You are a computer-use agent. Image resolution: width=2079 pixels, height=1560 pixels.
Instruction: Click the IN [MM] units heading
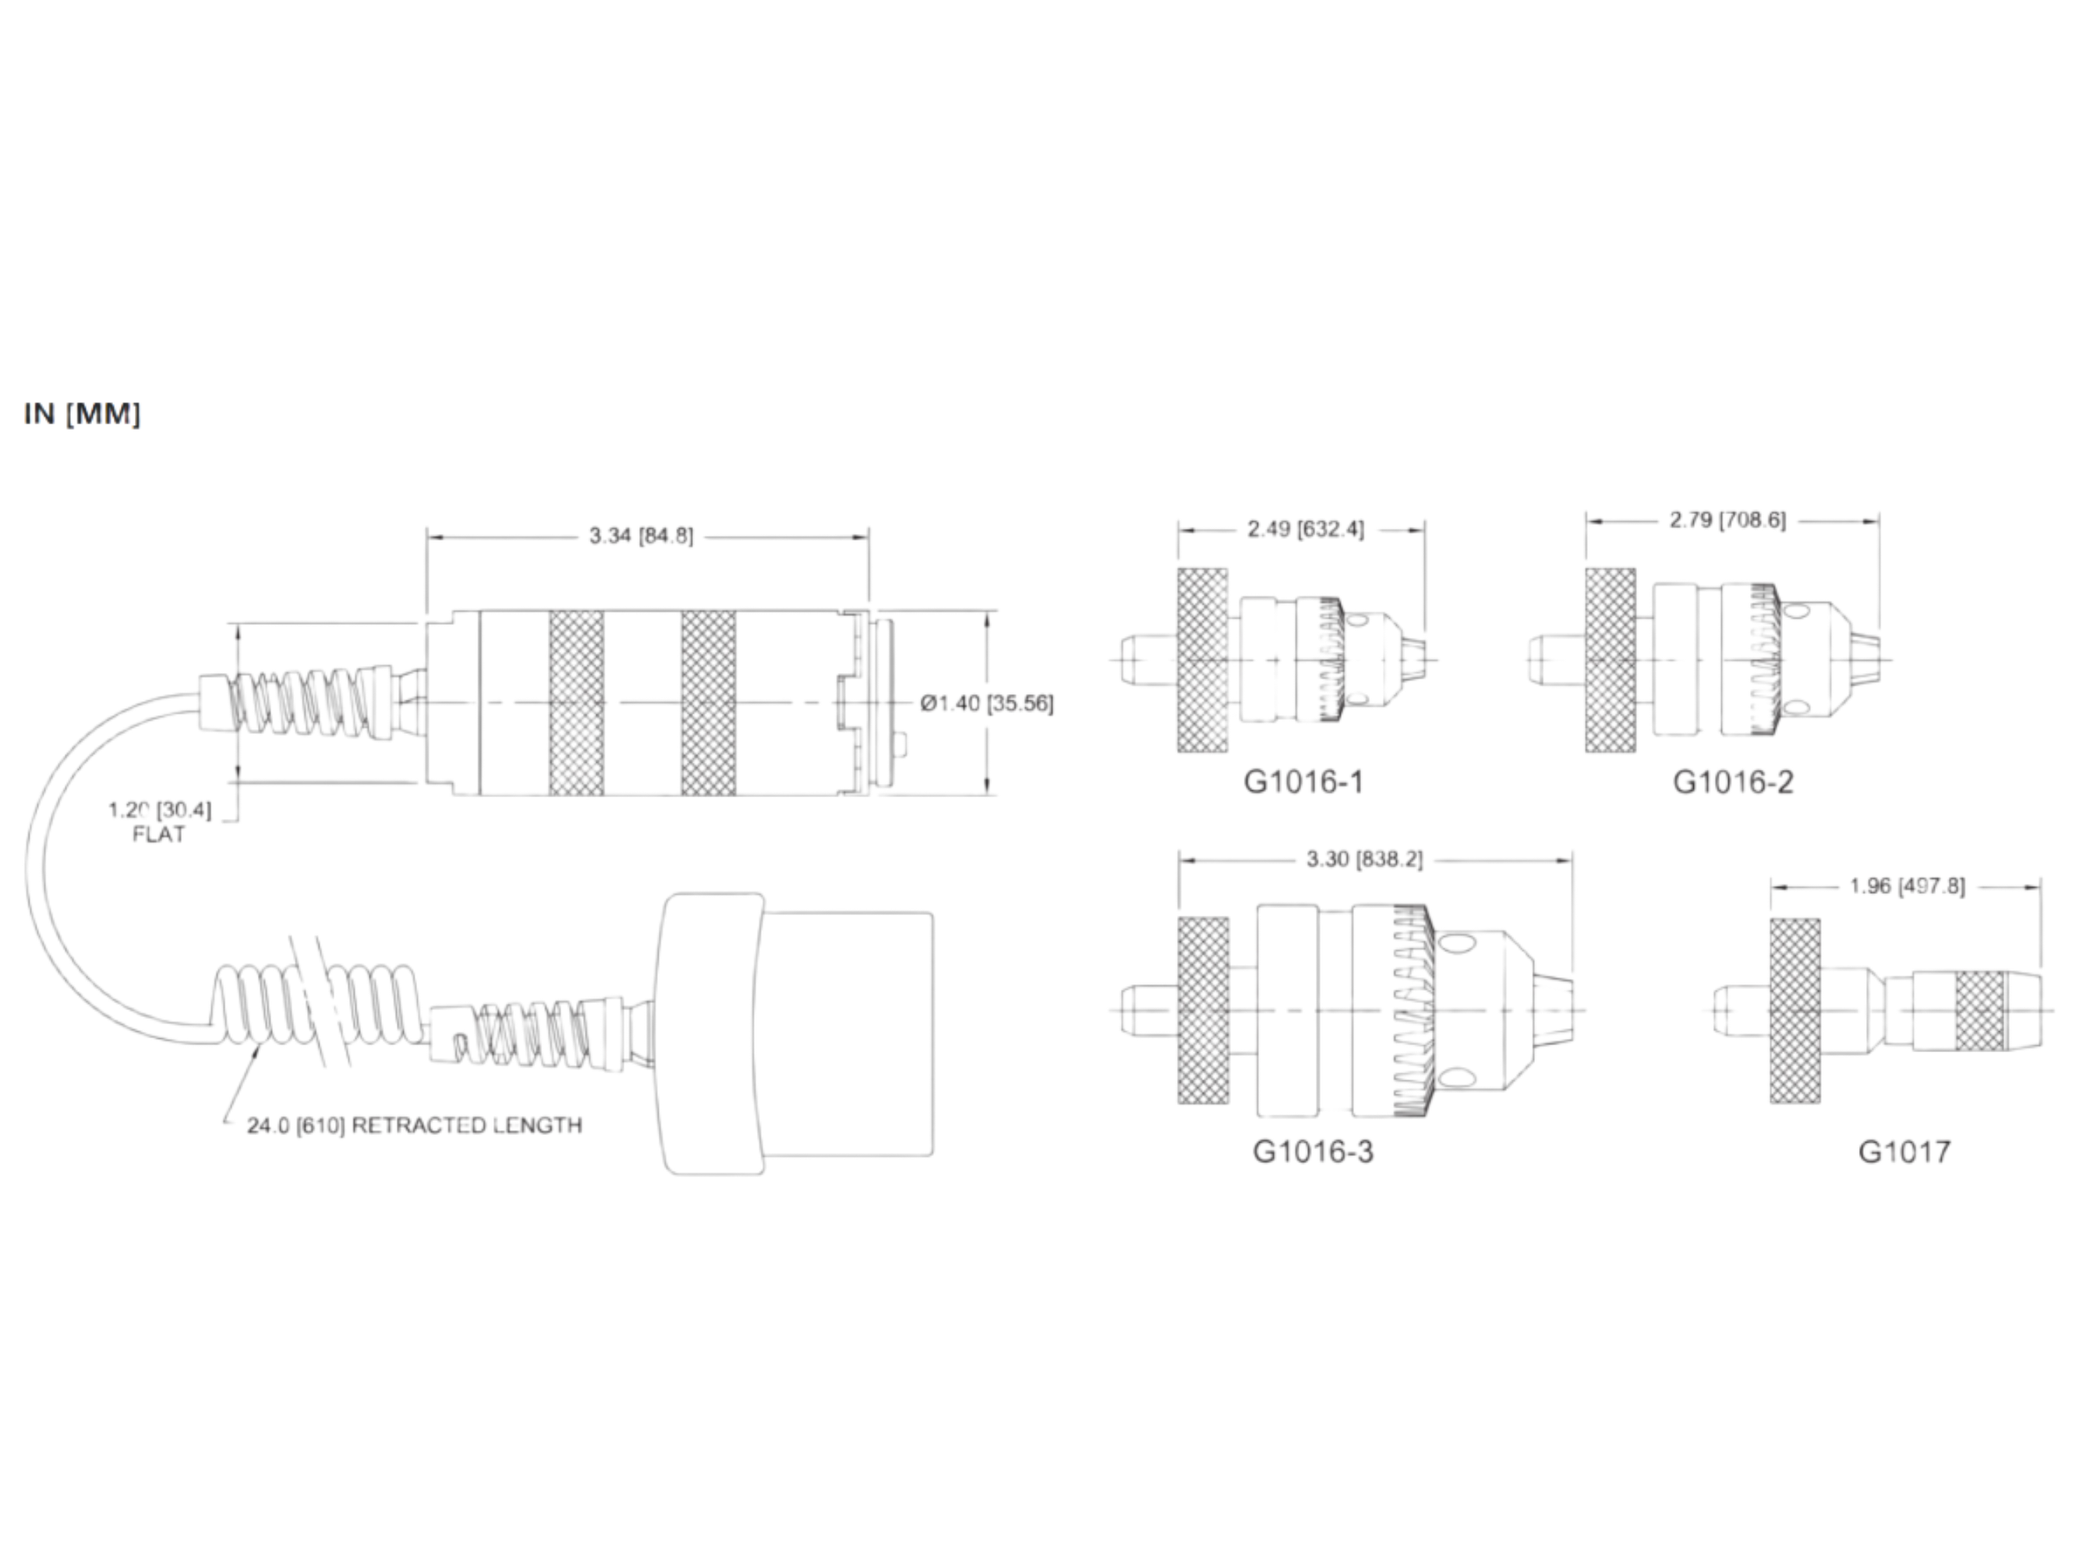(82, 413)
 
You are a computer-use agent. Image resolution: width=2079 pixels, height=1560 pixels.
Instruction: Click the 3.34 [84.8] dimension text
(641, 536)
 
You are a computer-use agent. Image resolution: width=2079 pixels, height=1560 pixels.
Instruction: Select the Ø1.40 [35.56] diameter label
(987, 704)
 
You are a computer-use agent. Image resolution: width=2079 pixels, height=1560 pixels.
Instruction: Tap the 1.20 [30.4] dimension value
(160, 810)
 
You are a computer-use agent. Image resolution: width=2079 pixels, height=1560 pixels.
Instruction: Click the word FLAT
(159, 834)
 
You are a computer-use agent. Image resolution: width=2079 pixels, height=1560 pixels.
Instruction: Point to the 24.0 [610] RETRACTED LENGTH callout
(414, 1126)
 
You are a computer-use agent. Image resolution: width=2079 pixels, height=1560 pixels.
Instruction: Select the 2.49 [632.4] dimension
(1305, 530)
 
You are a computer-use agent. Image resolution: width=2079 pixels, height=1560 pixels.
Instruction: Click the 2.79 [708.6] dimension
(1727, 520)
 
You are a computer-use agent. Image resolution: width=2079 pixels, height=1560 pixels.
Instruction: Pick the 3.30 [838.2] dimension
(1365, 860)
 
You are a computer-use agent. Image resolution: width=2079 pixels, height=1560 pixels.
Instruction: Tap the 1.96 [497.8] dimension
(1907, 887)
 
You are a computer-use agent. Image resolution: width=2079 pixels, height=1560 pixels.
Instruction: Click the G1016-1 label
(1303, 782)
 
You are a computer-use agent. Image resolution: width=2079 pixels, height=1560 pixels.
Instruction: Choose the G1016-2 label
(1732, 782)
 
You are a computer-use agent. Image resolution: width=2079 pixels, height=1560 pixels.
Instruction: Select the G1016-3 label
(1312, 1152)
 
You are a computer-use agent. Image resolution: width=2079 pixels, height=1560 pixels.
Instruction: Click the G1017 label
(1904, 1152)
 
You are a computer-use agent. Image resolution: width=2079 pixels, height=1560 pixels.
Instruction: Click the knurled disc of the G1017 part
(1794, 1011)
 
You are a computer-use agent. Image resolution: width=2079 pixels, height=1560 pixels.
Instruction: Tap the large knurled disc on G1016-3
(1203, 1011)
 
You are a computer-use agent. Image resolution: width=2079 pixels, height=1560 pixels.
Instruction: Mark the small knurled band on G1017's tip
(1979, 1012)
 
